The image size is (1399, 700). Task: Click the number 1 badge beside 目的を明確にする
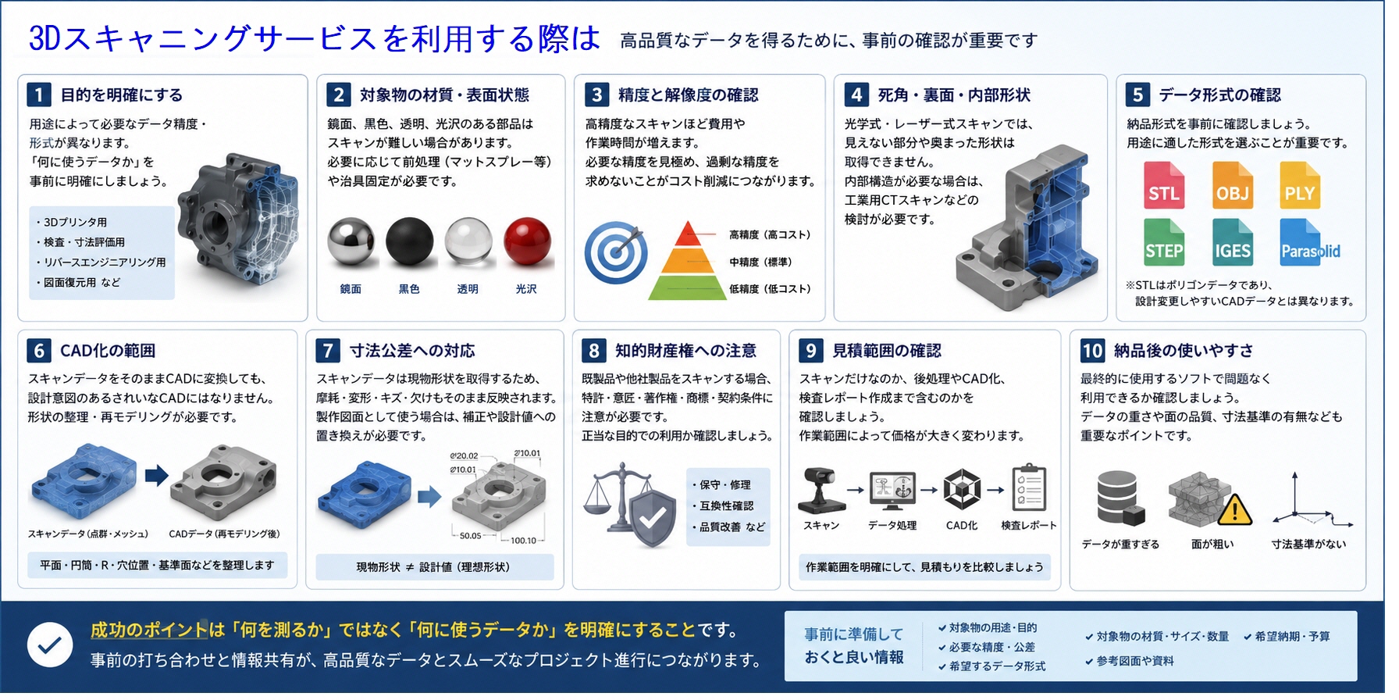point(38,95)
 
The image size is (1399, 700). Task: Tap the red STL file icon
point(1164,185)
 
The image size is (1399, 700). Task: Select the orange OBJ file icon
point(1233,185)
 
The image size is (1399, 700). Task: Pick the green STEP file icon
point(1164,242)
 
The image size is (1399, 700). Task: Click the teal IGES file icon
point(1233,242)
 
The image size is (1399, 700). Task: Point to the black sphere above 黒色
point(409,241)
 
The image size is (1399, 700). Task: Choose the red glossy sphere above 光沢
point(527,241)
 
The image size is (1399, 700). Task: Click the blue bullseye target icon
point(616,252)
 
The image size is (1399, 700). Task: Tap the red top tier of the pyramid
point(688,234)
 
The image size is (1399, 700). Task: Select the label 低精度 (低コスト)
point(770,289)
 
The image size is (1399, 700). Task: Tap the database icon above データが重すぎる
point(1120,498)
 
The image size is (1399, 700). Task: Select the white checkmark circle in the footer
point(50,645)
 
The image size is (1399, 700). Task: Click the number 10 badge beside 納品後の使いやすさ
point(1092,350)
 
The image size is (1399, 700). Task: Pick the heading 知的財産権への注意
point(685,351)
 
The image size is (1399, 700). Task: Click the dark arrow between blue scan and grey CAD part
point(156,475)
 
